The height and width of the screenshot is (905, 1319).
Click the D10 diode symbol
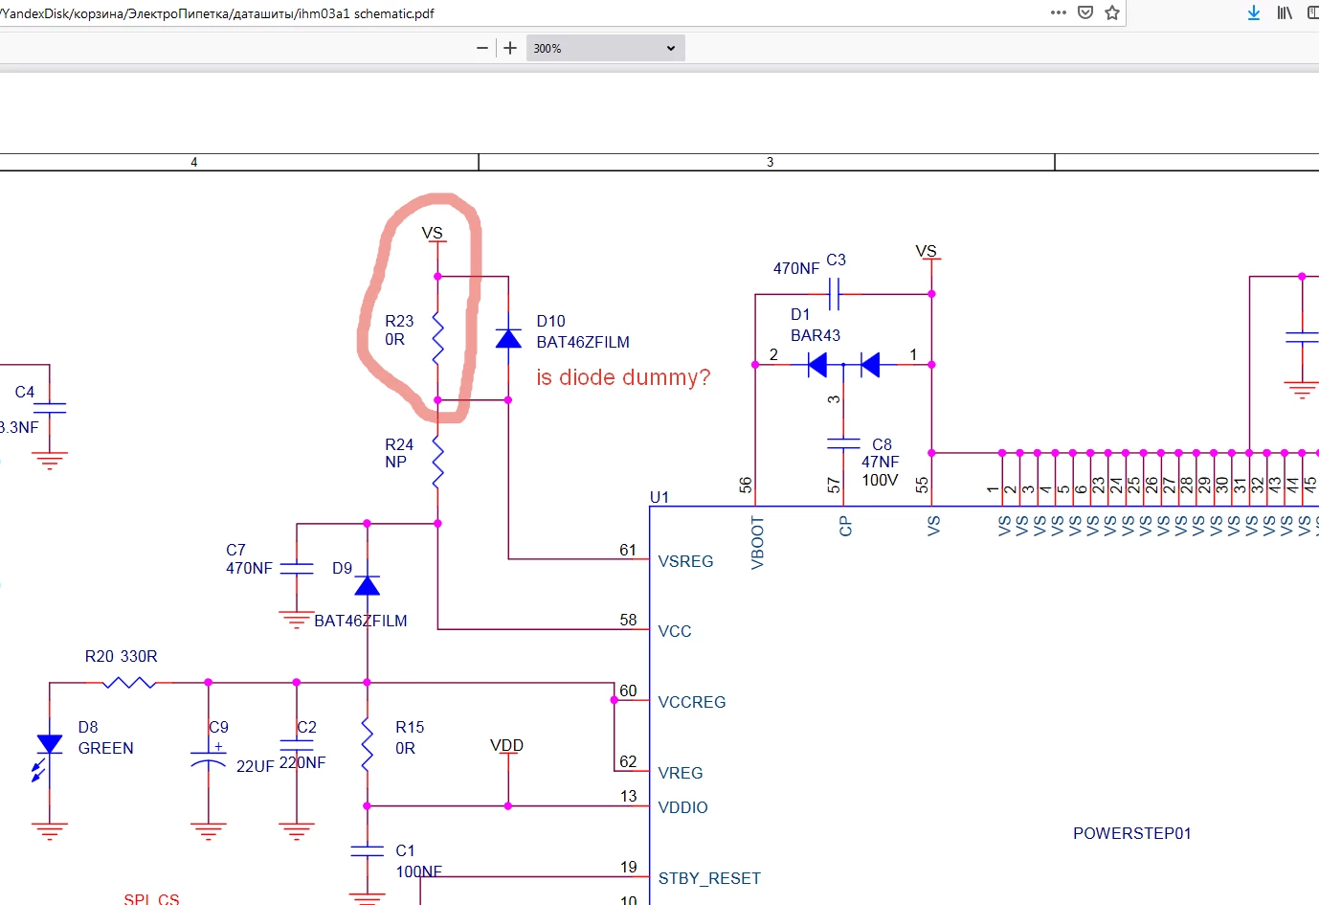508,339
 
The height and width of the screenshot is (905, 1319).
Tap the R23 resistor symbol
437,338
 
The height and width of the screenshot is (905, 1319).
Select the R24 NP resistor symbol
437,462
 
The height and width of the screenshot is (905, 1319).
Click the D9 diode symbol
367,586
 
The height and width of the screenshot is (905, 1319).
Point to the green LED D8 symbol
48,754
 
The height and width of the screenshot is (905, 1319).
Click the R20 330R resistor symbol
129,682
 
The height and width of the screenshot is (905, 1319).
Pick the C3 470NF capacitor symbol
835,293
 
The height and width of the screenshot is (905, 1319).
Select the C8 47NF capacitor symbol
843,443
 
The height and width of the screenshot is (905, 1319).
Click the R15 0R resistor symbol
367,744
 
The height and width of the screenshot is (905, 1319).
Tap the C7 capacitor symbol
296,568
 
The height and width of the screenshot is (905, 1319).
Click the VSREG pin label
685,561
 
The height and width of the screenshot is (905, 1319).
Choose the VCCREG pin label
692,702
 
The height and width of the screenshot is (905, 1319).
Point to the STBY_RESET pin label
709,878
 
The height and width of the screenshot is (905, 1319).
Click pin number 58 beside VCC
628,620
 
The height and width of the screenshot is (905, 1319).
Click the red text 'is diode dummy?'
623,377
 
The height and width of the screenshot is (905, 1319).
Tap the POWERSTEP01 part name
1131,833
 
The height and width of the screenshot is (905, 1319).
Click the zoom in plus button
510,48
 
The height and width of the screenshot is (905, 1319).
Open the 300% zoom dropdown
605,48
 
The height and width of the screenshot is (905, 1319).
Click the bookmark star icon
1111,13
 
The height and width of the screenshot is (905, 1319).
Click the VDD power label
506,745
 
